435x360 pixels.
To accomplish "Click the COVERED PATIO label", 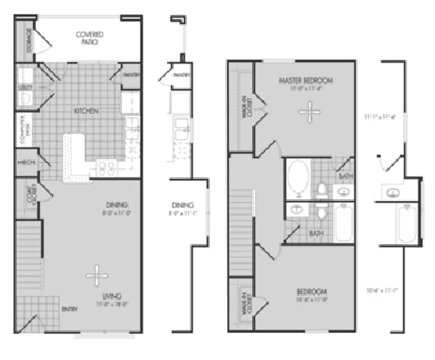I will (x=90, y=38).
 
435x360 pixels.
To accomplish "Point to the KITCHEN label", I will (x=85, y=111).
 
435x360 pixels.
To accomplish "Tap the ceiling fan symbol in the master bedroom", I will (x=306, y=111).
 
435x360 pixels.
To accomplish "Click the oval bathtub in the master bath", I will (x=298, y=177).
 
